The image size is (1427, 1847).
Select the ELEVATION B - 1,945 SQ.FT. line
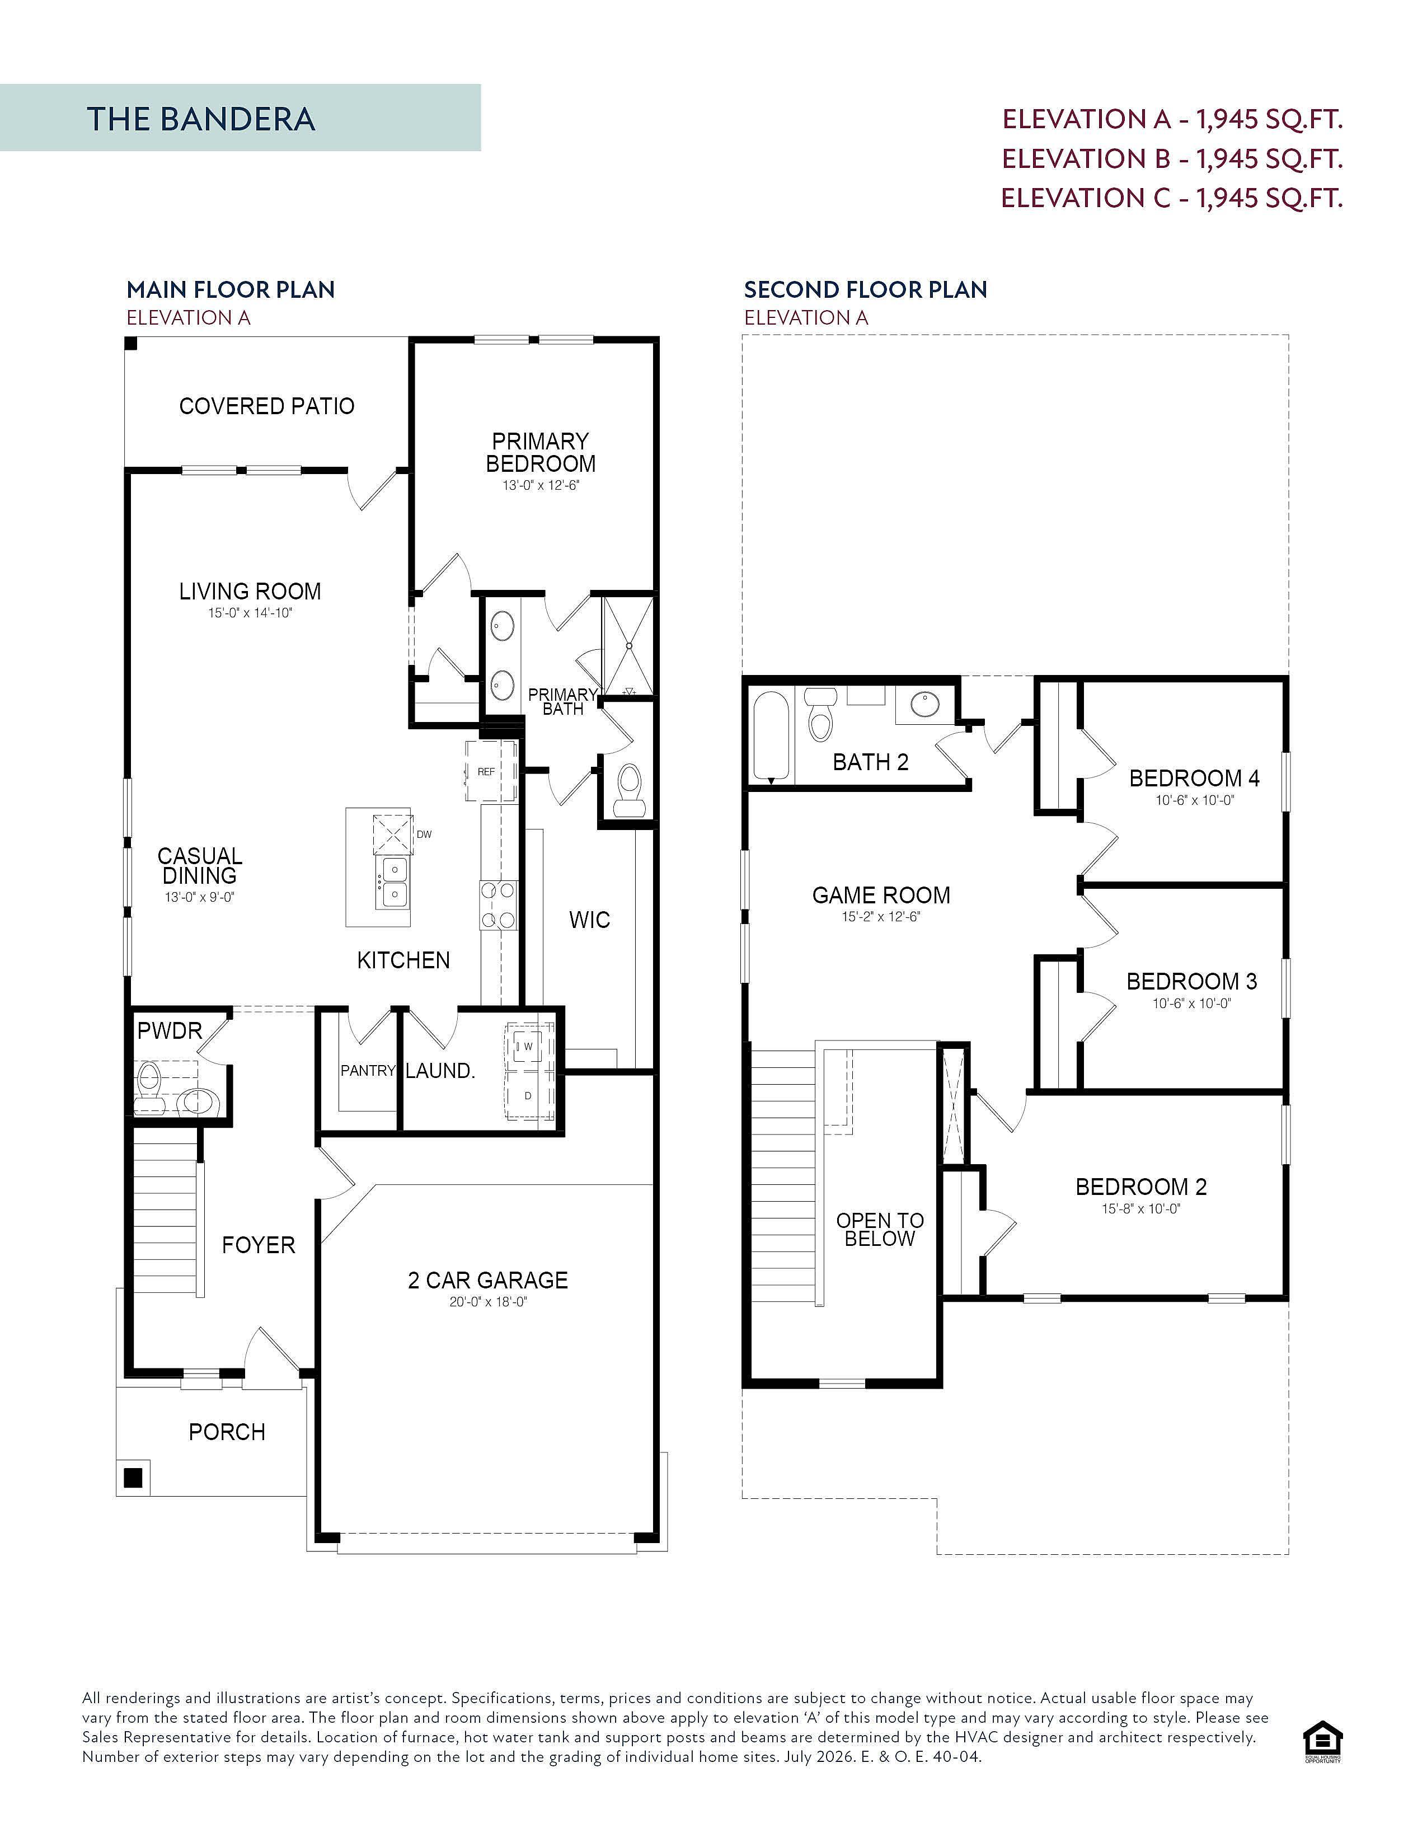(1172, 158)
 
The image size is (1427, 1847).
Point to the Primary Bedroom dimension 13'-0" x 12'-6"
(540, 485)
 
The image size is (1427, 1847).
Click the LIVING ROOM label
(250, 591)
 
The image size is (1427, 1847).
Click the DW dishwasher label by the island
(424, 834)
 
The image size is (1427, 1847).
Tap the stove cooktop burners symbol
(499, 905)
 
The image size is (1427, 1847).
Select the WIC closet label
(589, 920)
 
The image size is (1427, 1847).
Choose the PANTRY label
(368, 1071)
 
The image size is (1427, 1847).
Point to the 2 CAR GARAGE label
(488, 1281)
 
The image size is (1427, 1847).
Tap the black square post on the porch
(133, 1478)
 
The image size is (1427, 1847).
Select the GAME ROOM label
(881, 895)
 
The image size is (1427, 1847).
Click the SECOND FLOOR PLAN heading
(866, 289)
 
